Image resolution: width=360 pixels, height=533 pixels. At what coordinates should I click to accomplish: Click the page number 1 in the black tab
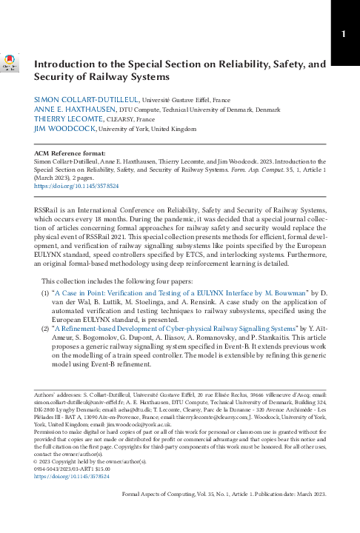pyautogui.click(x=344, y=34)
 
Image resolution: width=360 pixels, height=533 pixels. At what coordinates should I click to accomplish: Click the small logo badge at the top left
pyautogui.click(x=10, y=67)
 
